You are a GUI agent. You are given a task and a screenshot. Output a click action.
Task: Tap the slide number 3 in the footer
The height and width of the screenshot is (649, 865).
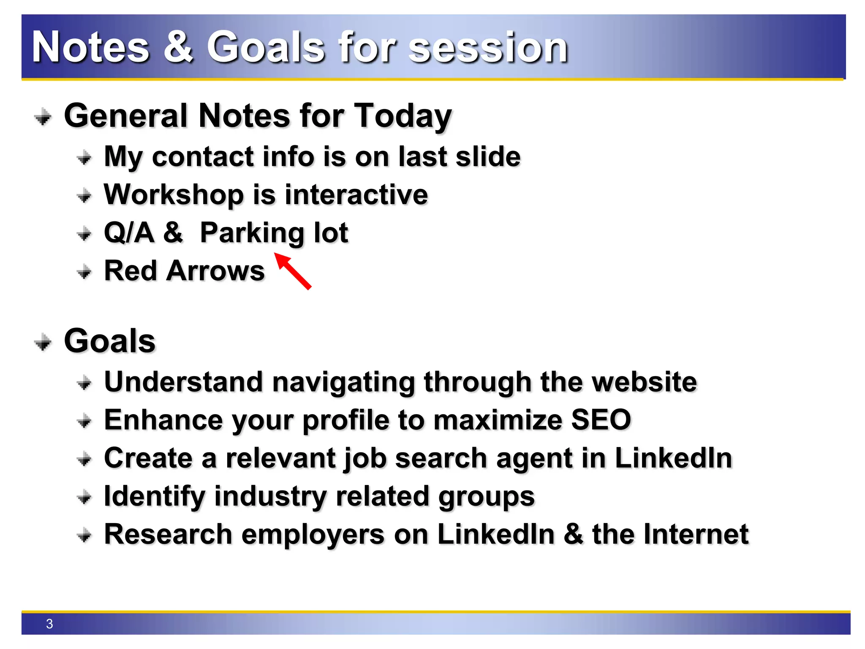tap(49, 624)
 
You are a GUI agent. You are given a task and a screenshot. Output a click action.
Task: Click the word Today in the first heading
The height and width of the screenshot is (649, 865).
tap(403, 116)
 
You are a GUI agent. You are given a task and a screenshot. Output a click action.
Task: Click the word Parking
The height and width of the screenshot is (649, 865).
tap(252, 233)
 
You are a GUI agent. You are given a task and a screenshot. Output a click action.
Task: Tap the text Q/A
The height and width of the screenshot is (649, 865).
tap(129, 233)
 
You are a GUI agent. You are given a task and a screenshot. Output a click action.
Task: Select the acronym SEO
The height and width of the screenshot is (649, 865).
tap(601, 420)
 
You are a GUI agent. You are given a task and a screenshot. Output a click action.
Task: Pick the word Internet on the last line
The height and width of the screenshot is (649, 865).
tap(696, 534)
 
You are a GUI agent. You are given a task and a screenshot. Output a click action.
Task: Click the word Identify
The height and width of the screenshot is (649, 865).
tap(154, 496)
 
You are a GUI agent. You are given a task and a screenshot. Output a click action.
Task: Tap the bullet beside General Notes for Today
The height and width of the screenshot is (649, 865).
tap(43, 117)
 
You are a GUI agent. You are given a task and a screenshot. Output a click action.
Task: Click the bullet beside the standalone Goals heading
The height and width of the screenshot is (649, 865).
tap(43, 342)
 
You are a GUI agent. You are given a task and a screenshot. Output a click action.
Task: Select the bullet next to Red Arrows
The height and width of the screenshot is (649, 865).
tap(84, 272)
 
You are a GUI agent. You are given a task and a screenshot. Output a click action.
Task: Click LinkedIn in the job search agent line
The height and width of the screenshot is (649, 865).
tap(673, 458)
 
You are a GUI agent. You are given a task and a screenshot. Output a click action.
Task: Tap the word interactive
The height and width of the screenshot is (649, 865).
tap(356, 195)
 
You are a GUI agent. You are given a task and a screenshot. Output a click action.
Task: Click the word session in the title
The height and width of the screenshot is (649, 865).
tap(488, 47)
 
